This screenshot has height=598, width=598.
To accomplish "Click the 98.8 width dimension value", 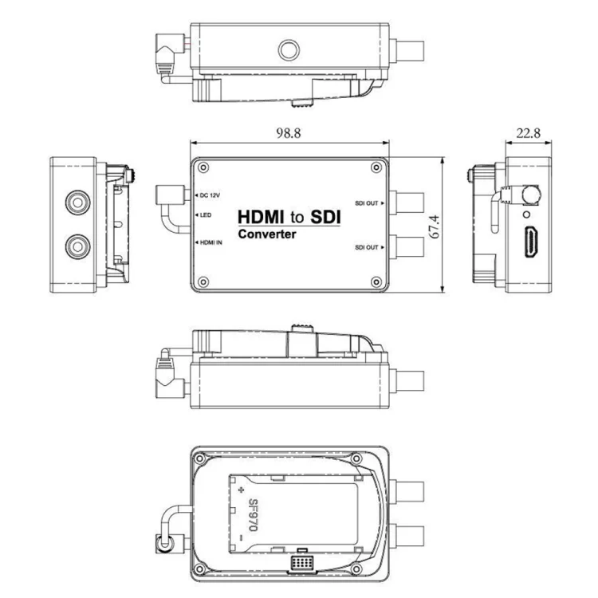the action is (289, 133).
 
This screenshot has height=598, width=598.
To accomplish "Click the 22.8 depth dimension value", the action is (528, 133).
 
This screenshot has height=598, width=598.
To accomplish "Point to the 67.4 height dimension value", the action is (435, 227).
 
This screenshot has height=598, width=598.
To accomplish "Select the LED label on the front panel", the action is (206, 215).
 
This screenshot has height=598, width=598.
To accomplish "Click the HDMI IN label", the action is (211, 242).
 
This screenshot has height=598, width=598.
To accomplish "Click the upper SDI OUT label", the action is (367, 203).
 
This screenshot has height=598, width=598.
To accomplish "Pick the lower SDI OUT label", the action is (367, 247).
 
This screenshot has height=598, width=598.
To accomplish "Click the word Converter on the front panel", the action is (267, 234).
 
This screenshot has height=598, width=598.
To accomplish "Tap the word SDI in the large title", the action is (325, 217).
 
